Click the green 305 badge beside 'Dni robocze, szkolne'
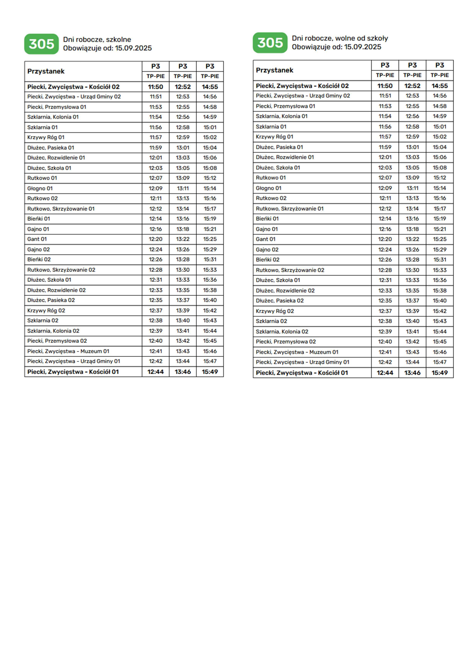[41, 44]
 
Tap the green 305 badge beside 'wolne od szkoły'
[270, 43]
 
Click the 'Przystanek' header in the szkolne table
[46, 71]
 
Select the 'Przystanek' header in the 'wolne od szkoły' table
[275, 70]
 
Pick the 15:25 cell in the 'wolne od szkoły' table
[440, 239]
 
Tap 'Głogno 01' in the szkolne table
[40, 188]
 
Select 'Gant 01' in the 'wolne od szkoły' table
[266, 239]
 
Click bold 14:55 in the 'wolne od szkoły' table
[440, 86]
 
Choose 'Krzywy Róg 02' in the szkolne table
[46, 310]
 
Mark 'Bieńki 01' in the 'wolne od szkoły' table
[267, 219]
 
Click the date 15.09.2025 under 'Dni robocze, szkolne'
[134, 48]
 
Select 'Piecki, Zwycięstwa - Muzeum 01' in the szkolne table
[68, 351]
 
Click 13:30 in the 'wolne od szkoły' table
[412, 270]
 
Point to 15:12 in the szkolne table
[210, 178]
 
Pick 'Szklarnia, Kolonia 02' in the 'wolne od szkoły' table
[282, 331]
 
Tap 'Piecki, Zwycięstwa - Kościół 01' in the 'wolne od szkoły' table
[302, 373]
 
